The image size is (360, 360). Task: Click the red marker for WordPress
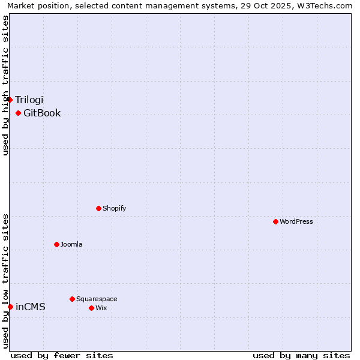(275, 221)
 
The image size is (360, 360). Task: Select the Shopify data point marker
(98, 208)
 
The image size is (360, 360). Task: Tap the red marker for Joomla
(56, 244)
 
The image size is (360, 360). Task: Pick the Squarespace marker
(72, 299)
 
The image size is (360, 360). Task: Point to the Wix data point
(91, 308)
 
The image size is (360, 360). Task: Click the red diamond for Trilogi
(10, 100)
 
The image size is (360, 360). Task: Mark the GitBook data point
(18, 113)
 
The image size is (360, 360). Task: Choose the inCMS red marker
(10, 307)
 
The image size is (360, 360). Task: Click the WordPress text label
(296, 221)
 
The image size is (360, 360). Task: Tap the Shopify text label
(115, 208)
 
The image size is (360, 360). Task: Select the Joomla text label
(71, 244)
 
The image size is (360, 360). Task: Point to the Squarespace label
(97, 299)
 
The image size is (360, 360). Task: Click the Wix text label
(101, 308)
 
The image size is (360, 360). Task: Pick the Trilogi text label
(29, 100)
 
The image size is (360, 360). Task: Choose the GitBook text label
(42, 113)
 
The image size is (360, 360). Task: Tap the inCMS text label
(31, 307)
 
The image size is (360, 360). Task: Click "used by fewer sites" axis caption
(62, 355)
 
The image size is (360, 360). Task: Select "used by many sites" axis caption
(301, 355)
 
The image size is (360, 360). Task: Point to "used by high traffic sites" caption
(6, 85)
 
